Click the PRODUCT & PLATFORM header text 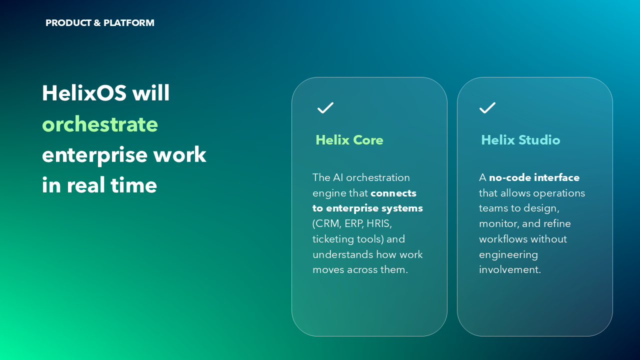pos(99,23)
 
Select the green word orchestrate pos(100,124)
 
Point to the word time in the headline pos(134,185)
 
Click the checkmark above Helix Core pos(325,108)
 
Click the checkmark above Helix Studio pos(487,108)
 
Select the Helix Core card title pos(349,140)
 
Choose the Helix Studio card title pos(520,140)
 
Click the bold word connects pos(393,193)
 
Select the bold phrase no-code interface pos(534,177)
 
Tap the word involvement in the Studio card pos(510,270)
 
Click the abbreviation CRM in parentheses pos(327,223)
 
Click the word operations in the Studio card pos(559,193)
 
